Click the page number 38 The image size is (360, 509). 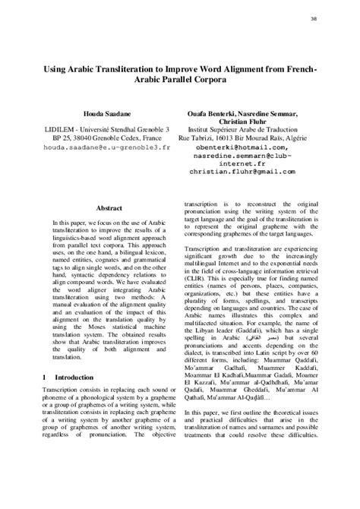pyautogui.click(x=336, y=18)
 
